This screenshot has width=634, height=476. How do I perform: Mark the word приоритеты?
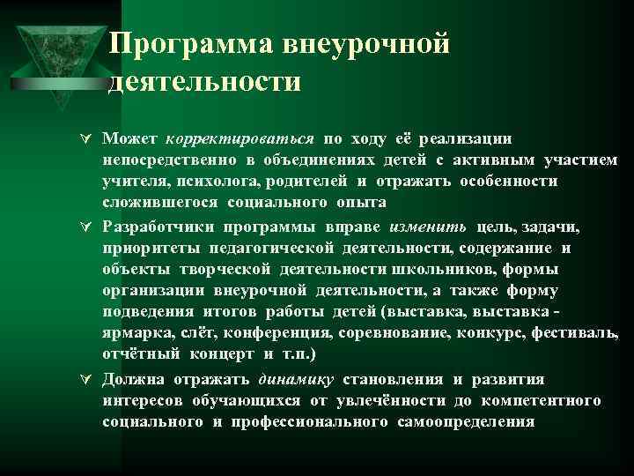144,247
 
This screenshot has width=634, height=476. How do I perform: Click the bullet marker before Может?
85,139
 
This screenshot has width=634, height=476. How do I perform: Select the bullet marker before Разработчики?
85,226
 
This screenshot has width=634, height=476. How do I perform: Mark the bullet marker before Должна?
85,380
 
